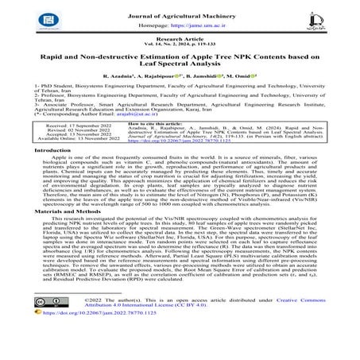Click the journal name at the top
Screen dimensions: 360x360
click(x=179, y=9)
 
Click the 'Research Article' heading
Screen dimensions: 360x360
click(x=179, y=41)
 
